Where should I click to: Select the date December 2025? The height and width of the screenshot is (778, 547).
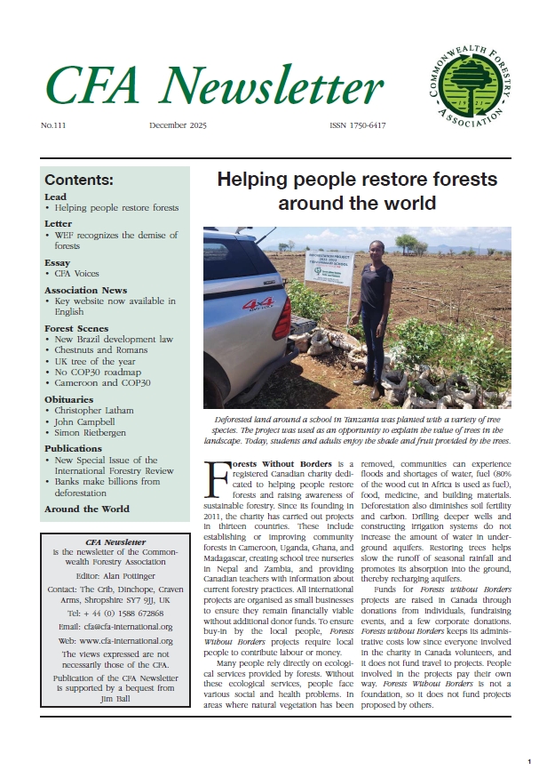[178, 126]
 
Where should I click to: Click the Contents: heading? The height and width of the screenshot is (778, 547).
[78, 180]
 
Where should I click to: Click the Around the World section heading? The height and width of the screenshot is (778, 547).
[86, 509]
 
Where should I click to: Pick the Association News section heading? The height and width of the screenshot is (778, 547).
[85, 290]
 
